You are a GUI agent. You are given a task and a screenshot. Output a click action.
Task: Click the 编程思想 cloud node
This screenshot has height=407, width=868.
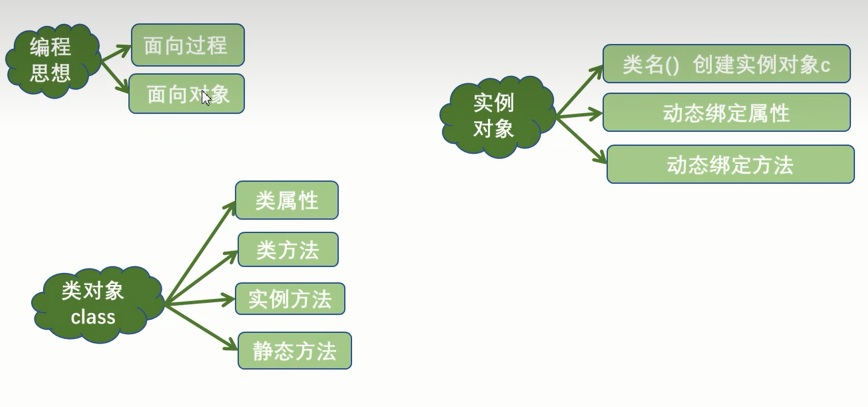tap(51, 60)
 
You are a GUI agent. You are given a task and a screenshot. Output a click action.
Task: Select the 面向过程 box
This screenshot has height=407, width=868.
tap(188, 45)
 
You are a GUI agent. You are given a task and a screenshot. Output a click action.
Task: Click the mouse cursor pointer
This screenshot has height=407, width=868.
tap(206, 98)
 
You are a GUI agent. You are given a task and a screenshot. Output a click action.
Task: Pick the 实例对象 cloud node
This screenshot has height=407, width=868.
tap(495, 116)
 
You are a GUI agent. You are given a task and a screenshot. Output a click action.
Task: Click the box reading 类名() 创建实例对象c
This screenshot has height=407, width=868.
tap(726, 64)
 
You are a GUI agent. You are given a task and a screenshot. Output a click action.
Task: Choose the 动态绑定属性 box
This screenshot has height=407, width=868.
tap(726, 113)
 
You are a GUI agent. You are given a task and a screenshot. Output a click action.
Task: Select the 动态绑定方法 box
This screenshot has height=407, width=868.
tap(730, 164)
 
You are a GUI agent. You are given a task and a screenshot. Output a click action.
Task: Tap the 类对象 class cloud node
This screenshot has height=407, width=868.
tap(95, 304)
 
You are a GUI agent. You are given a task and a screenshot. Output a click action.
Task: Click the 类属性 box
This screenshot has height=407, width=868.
tap(287, 201)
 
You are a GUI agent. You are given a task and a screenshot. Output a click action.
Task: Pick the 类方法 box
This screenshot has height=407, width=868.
tap(288, 250)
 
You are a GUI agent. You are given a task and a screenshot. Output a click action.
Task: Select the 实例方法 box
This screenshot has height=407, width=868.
tap(290, 299)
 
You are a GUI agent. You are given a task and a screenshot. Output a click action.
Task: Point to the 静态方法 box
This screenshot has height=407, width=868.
tap(295, 351)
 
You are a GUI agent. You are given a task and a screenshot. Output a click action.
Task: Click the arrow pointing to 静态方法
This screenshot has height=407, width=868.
tap(202, 328)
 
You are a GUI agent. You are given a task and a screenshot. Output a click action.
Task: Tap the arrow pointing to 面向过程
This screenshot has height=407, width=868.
tap(116, 53)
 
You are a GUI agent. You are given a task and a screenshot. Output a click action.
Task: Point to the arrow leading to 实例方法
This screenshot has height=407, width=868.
tap(200, 301)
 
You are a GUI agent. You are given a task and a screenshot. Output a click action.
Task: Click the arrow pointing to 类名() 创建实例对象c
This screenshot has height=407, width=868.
tap(580, 91)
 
